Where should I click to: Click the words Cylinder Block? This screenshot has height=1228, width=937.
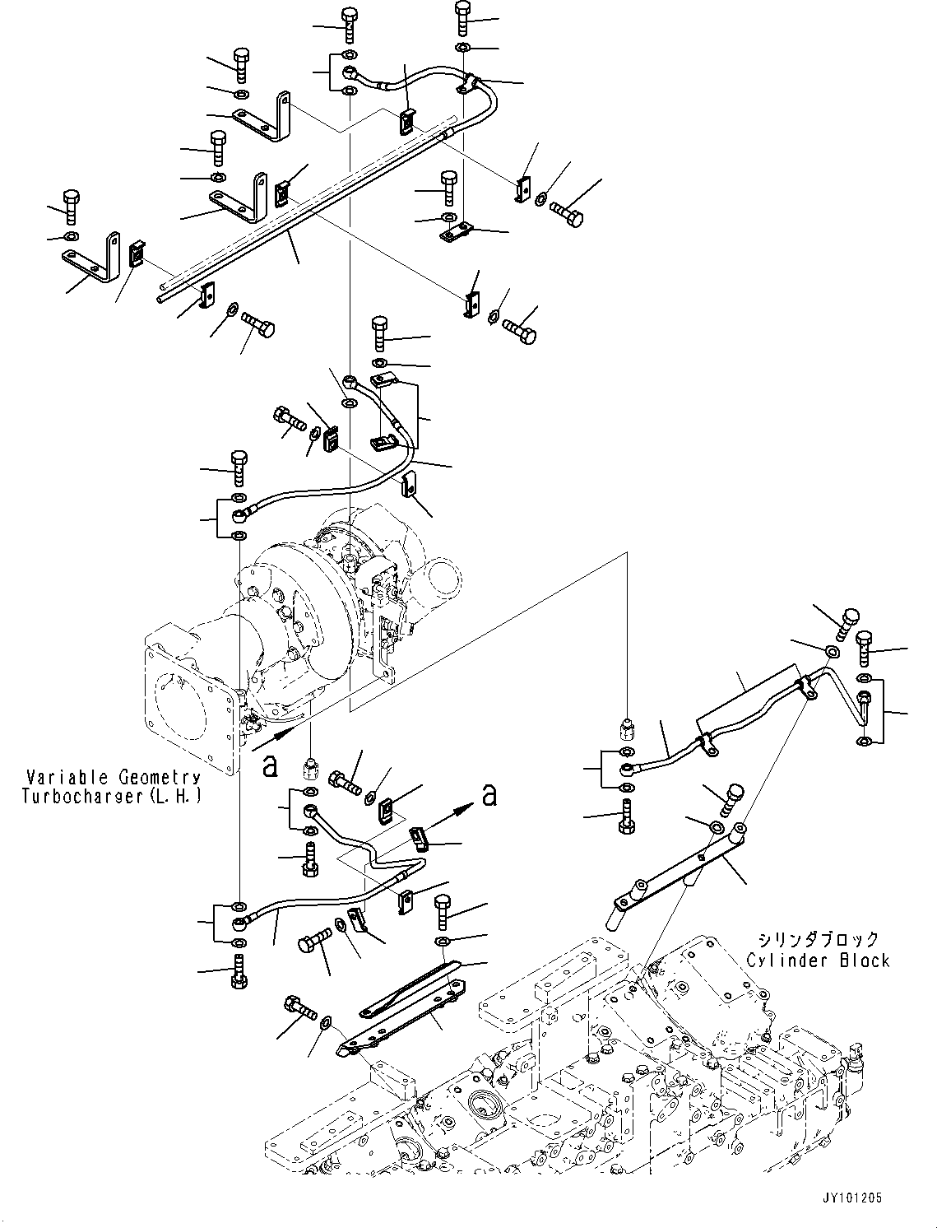coord(818,961)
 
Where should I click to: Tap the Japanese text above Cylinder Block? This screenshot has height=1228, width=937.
coord(818,939)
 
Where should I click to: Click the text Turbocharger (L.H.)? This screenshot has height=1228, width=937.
coord(113,797)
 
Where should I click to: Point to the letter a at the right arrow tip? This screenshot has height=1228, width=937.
coord(489,794)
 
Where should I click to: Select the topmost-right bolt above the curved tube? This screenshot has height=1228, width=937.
coord(463,17)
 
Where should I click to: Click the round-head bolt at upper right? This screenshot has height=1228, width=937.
coord(847,621)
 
